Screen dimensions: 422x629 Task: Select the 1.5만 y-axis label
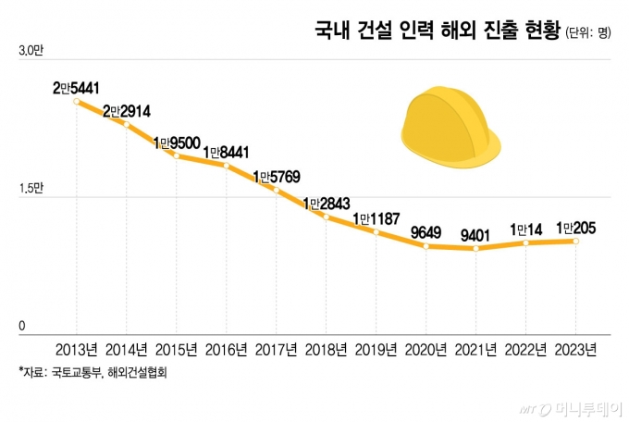[x=30, y=189]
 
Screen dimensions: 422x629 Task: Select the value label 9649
[x=427, y=230]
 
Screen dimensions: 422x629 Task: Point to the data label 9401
[x=476, y=233]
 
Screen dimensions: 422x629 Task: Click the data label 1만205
[x=576, y=226]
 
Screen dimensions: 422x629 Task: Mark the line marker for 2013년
[x=77, y=100]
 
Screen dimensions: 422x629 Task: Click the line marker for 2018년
[x=327, y=217]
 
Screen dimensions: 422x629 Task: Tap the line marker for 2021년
[x=476, y=248]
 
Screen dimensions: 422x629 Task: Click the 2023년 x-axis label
[x=576, y=350]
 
